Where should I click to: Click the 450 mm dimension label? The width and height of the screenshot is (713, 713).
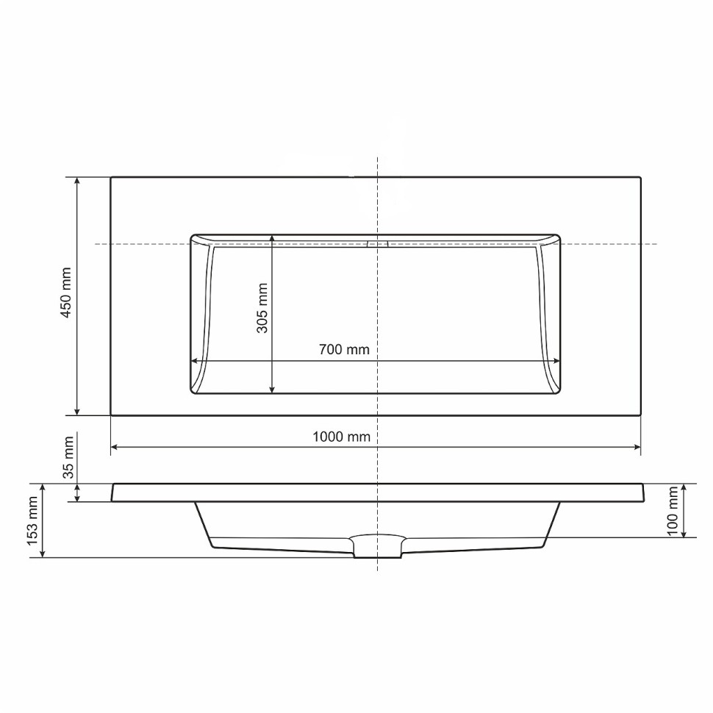pos(66,293)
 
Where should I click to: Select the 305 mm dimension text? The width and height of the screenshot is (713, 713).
pos(262,308)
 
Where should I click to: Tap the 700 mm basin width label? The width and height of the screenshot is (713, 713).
pos(344,349)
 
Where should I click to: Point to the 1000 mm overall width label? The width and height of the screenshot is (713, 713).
pos(342,437)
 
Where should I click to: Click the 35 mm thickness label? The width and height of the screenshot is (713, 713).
pos(68,457)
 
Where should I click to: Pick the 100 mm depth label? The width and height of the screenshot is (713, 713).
pos(673,511)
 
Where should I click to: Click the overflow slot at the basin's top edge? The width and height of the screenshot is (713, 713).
pos(377,244)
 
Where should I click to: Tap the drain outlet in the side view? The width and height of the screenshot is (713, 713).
pos(377,546)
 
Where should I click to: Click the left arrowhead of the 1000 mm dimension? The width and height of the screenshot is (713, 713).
pos(114,448)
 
